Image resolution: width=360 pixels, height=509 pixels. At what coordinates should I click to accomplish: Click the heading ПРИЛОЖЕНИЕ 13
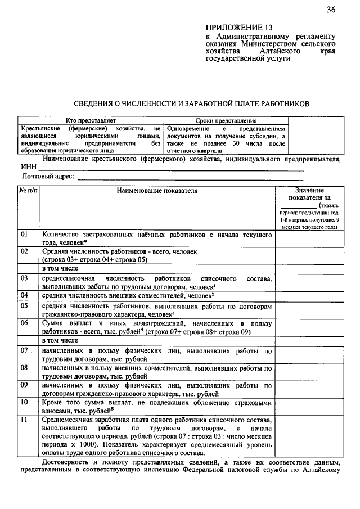pyautogui.click(x=234, y=27)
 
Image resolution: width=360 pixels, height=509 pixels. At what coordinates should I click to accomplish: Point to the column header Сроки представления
pyautogui.click(x=226, y=120)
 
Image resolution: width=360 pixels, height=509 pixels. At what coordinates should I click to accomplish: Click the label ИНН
pyautogui.click(x=29, y=167)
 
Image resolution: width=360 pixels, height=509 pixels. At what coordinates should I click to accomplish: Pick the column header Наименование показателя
pyautogui.click(x=157, y=191)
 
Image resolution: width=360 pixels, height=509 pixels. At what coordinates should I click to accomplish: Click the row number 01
pyautogui.click(x=25, y=233)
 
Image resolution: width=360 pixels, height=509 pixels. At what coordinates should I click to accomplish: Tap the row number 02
pyautogui.click(x=25, y=251)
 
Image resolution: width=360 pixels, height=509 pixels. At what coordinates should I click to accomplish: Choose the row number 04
pyautogui.click(x=25, y=295)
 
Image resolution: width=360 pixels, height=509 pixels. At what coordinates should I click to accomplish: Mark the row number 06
pyautogui.click(x=25, y=323)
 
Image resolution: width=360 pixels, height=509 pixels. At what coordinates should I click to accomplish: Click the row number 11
pyautogui.click(x=25, y=420)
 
